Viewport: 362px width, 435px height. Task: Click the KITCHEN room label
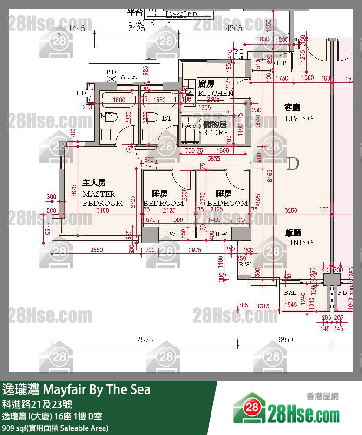tap(215, 93)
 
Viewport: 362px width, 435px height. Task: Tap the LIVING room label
tap(299, 118)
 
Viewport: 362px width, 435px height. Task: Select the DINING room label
tap(299, 242)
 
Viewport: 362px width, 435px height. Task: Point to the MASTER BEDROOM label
tap(103, 198)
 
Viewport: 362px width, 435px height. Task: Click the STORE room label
tap(215, 132)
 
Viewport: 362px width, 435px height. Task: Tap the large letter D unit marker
tap(293, 164)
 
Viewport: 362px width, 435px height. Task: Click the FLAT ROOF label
tap(150, 22)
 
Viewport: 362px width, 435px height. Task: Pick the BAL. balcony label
tap(291, 293)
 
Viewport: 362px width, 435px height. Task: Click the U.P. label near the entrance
tap(282, 63)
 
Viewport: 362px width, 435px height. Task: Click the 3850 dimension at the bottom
tap(284, 340)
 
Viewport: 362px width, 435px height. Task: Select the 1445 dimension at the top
tap(77, 28)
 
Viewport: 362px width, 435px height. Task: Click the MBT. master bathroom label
tap(110, 117)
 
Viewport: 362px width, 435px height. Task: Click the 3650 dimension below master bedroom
tap(96, 250)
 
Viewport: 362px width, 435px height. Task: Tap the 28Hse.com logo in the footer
tap(287, 410)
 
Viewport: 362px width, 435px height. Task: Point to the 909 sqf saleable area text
tap(55, 428)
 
